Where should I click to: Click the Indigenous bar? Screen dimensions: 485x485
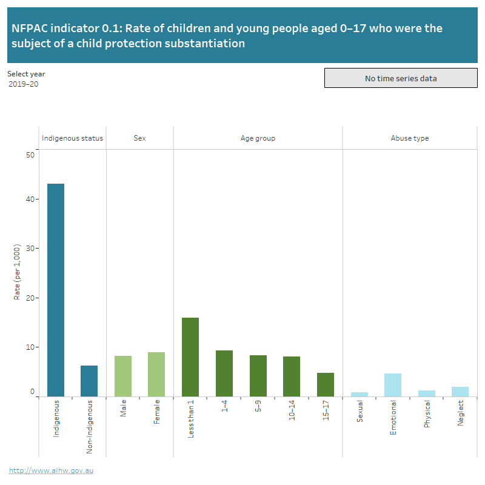56,290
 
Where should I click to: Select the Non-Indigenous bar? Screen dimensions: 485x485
89,381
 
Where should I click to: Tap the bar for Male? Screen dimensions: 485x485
123,376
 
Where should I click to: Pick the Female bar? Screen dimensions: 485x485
156,374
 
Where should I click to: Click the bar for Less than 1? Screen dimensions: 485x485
190,356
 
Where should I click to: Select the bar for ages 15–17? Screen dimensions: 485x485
326,384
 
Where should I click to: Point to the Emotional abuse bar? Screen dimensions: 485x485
393,384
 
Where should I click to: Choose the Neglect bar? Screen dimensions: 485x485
460,391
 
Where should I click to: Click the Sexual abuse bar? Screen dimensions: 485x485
360,394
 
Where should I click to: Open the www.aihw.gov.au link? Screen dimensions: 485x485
51,470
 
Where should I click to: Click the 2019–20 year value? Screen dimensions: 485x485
24,84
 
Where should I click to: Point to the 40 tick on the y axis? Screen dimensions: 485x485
30,199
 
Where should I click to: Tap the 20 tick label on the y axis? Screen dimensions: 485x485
30,298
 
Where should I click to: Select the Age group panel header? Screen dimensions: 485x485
258,138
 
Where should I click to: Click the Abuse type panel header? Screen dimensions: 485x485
410,138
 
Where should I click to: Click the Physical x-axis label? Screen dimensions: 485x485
427,414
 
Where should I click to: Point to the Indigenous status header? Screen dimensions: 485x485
73,138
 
